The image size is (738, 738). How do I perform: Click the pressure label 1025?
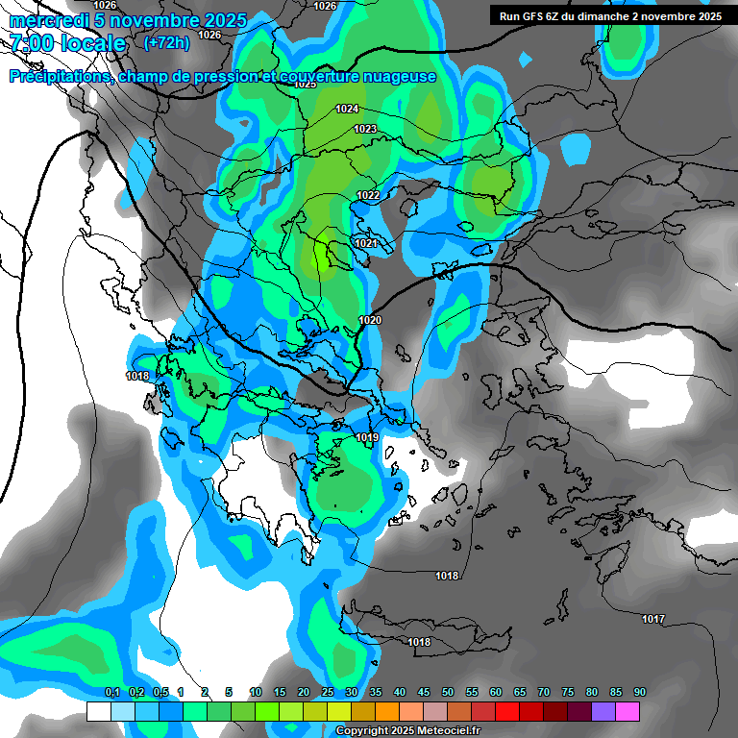point(305,85)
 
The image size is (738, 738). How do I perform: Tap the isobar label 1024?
point(347,109)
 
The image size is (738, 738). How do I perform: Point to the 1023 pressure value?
point(365,129)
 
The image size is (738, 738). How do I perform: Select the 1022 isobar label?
point(368,195)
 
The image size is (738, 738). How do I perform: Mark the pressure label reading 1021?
point(365,244)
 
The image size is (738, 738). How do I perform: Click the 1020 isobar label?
point(370,320)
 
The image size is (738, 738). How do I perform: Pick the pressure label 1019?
point(366,438)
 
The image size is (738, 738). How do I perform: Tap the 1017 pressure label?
point(653,619)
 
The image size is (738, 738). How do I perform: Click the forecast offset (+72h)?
point(166,42)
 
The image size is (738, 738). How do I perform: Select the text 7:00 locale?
point(67,43)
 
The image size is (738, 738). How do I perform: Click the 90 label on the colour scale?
point(640,692)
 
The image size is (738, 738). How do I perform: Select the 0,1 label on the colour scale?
point(111,692)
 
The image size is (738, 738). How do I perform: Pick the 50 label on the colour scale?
point(448,692)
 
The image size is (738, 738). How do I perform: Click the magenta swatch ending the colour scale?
point(627,711)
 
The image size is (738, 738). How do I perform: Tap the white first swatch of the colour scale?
point(98,711)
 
